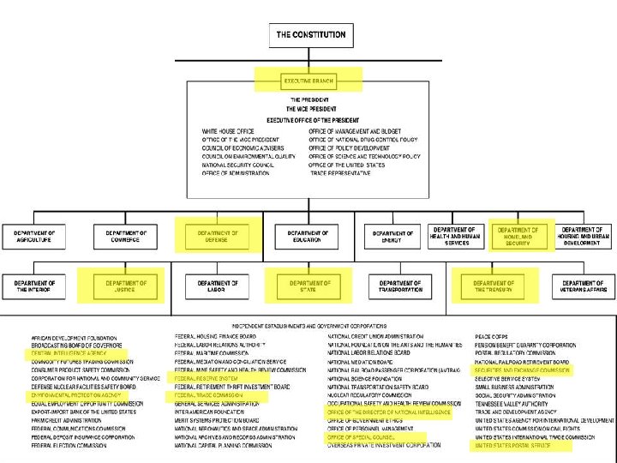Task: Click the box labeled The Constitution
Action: pos(310,35)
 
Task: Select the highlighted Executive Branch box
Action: pos(308,81)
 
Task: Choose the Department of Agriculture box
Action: pos(34,237)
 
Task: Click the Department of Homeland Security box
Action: pos(518,237)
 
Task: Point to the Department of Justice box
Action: pos(126,286)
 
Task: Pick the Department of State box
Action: pos(309,286)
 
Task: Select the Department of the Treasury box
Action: pos(494,286)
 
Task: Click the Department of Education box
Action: pos(308,237)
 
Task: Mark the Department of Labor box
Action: pos(218,286)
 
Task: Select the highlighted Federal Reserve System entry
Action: pos(207,378)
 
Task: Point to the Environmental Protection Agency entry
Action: pos(76,395)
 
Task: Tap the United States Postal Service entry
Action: pos(513,446)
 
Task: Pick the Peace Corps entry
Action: pos(494,336)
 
